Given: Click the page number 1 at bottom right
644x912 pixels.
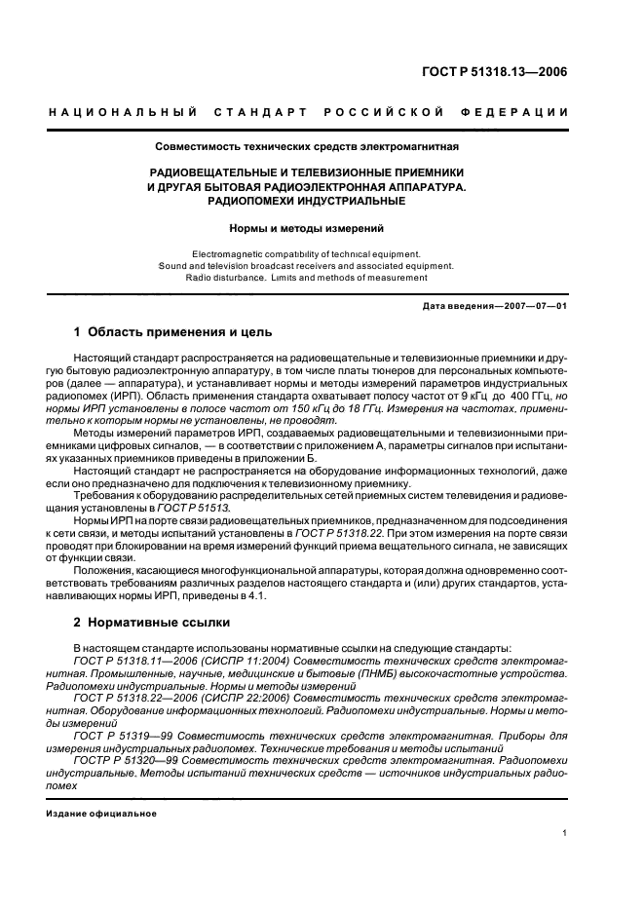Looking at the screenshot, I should (565, 833).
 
